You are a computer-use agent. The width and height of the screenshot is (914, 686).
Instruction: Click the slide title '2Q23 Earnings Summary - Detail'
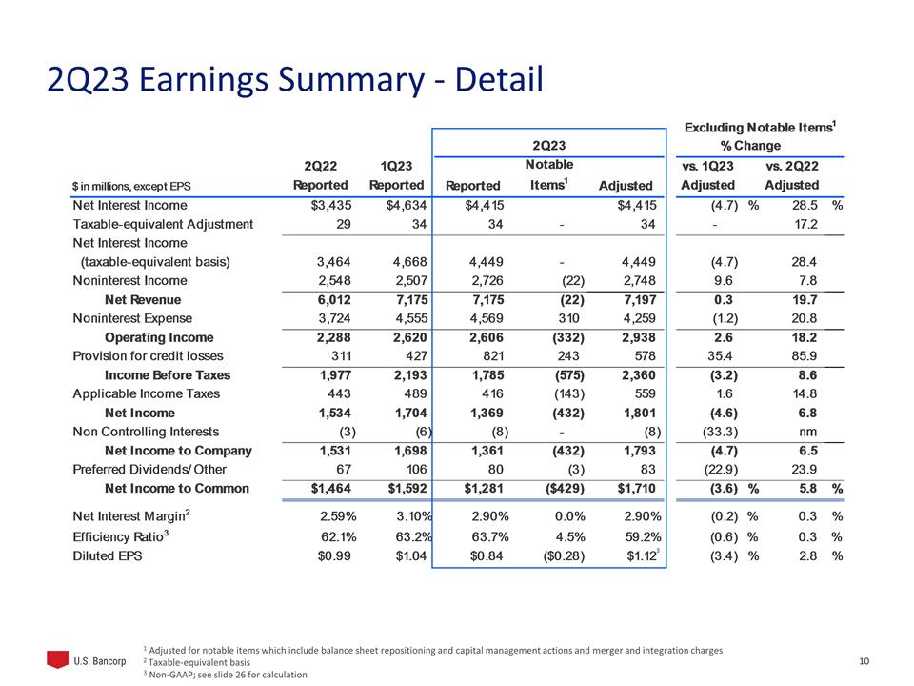pyautogui.click(x=294, y=80)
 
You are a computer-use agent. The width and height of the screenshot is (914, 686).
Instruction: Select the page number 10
pyautogui.click(x=864, y=661)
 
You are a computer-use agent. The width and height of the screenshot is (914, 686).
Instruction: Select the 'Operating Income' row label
pyautogui.click(x=158, y=337)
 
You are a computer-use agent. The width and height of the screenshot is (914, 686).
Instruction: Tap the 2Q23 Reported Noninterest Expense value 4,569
pyautogui.click(x=482, y=318)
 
